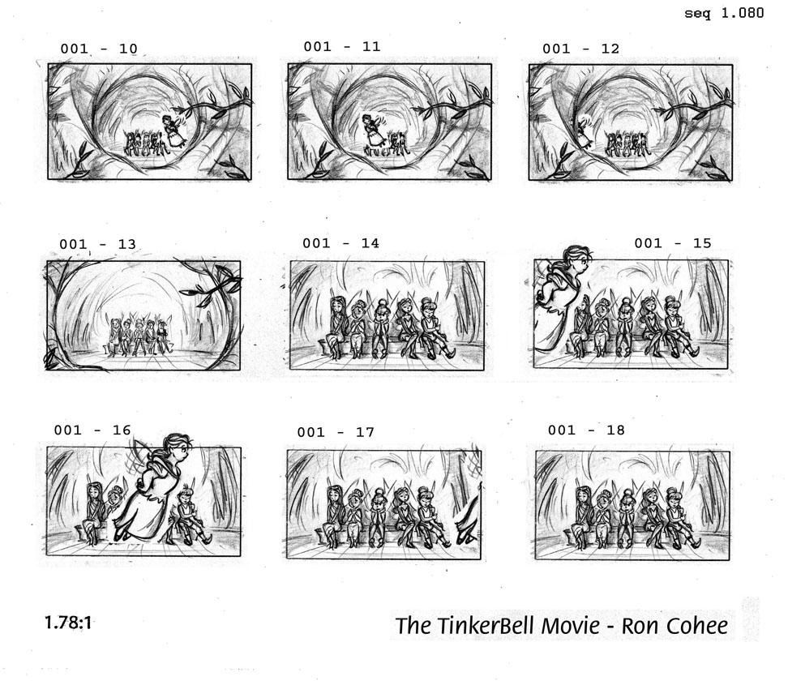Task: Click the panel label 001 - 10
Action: click(99, 49)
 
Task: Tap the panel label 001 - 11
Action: click(342, 46)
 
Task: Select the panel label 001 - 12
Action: click(580, 49)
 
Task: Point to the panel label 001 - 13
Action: click(97, 244)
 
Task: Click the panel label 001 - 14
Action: click(340, 243)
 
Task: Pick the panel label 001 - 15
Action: click(672, 242)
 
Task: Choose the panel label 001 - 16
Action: click(92, 430)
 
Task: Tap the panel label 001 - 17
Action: click(336, 432)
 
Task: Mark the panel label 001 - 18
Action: click(586, 430)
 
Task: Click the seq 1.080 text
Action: click(724, 14)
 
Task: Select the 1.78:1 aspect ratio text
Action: click(69, 624)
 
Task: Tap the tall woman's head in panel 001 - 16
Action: click(177, 445)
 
